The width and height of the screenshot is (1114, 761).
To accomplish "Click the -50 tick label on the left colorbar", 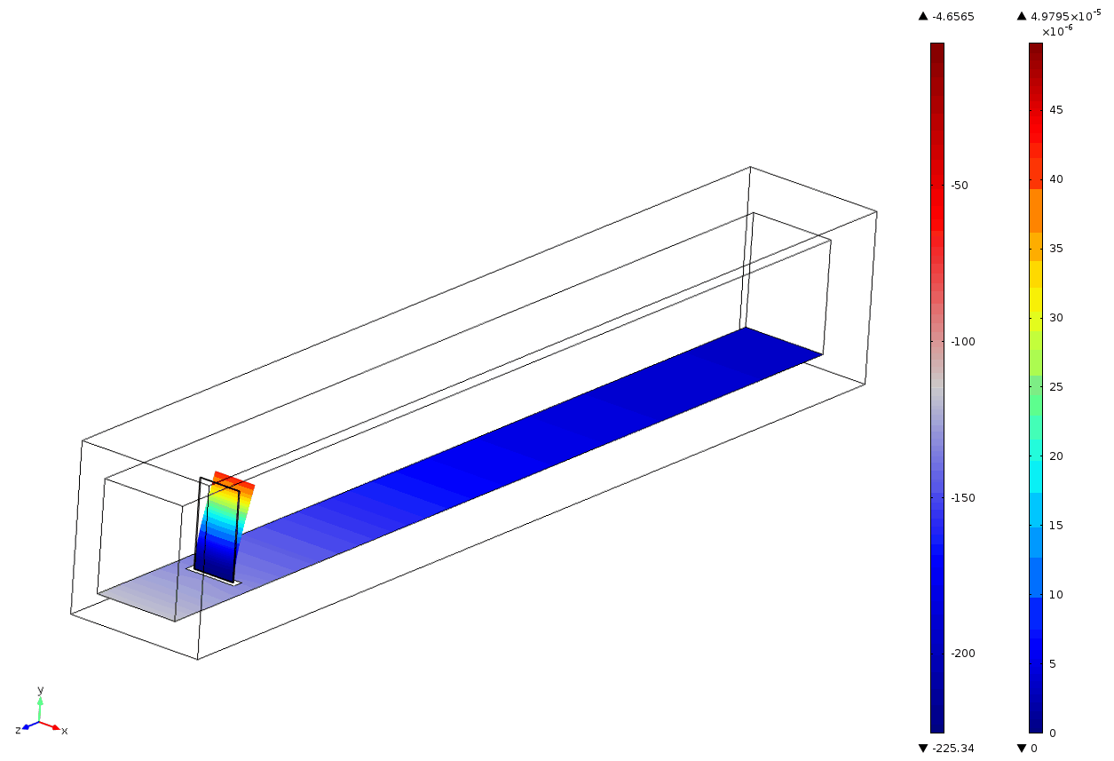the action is click(960, 186).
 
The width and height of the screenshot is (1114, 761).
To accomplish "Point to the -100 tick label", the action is click(963, 342).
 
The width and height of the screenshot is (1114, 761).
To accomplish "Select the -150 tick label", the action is click(963, 498).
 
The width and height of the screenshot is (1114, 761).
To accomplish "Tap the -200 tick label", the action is click(963, 654).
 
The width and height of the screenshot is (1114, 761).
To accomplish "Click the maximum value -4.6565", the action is click(952, 17).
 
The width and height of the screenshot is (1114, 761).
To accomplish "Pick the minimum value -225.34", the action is click(952, 748).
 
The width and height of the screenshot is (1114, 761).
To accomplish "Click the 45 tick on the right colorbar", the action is click(1056, 110).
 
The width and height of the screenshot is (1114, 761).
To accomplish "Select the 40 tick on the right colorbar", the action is click(1056, 179).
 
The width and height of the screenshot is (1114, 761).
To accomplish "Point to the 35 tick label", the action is click(1056, 249).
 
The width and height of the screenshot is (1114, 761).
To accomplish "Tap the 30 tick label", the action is click(1056, 317).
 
